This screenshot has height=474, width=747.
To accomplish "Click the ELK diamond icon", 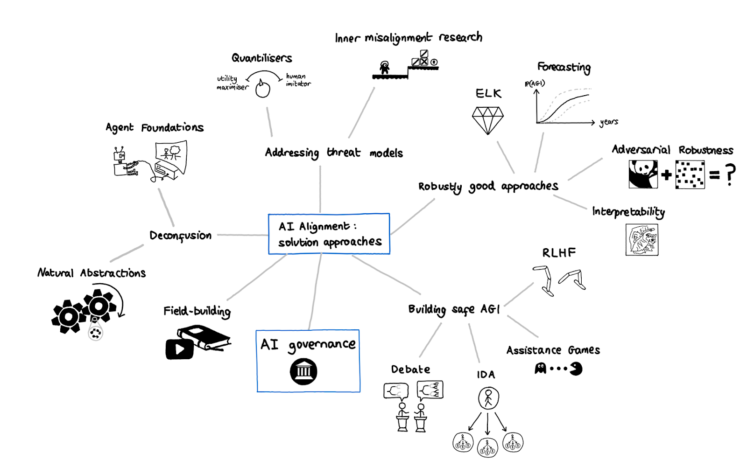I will pyautogui.click(x=487, y=120).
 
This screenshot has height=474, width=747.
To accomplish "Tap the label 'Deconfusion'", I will pyautogui.click(x=180, y=236).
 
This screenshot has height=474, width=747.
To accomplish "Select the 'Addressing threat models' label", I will pyautogui.click(x=333, y=153).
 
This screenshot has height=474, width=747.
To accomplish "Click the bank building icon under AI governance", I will pyautogui.click(x=303, y=371).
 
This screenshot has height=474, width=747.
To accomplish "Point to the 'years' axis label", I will pyautogui.click(x=609, y=122).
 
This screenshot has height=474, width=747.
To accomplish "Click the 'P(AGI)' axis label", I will pyautogui.click(x=535, y=84).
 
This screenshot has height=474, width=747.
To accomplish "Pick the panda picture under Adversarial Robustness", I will pyautogui.click(x=643, y=174).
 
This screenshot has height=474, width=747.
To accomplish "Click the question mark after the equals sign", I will pyautogui.click(x=730, y=174).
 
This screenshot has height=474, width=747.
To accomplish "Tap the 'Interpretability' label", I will pyautogui.click(x=628, y=212).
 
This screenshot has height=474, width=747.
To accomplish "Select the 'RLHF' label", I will pyautogui.click(x=559, y=253).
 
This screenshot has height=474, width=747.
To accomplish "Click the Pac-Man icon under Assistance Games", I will pyautogui.click(x=576, y=369).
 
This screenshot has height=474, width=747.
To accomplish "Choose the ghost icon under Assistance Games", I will pyautogui.click(x=540, y=369).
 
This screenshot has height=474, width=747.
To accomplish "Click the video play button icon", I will pyautogui.click(x=180, y=349).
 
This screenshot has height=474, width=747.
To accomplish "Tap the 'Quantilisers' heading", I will pyautogui.click(x=261, y=58).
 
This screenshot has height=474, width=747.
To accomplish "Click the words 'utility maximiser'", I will pyautogui.click(x=232, y=83).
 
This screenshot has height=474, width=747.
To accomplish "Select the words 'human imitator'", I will pyautogui.click(x=298, y=80).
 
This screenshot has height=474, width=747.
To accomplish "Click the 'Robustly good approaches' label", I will pyautogui.click(x=488, y=187).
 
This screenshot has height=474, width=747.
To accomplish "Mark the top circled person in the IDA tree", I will pyautogui.click(x=488, y=398).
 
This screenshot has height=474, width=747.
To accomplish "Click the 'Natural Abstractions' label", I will pyautogui.click(x=92, y=273).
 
